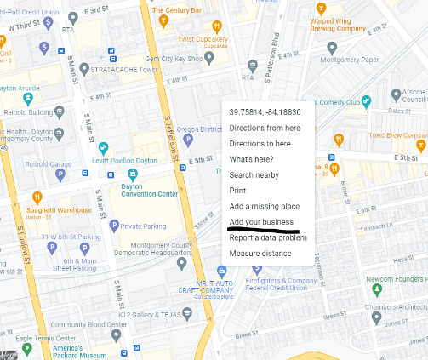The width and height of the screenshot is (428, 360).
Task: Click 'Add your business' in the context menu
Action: click(x=261, y=222)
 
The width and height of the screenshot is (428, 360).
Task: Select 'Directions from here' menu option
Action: click(x=264, y=128)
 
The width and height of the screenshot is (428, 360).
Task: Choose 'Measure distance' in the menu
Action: click(x=260, y=254)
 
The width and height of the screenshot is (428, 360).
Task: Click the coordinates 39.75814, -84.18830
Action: click(x=265, y=111)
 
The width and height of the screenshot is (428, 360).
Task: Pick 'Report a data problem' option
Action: click(x=267, y=237)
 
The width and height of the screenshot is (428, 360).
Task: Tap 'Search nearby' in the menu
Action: click(x=254, y=174)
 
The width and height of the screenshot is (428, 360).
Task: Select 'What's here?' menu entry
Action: click(x=252, y=159)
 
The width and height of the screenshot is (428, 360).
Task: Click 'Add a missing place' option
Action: click(x=264, y=206)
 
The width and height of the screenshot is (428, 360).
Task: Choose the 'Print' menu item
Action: click(x=237, y=191)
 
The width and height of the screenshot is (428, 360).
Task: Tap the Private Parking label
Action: click(x=142, y=226)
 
